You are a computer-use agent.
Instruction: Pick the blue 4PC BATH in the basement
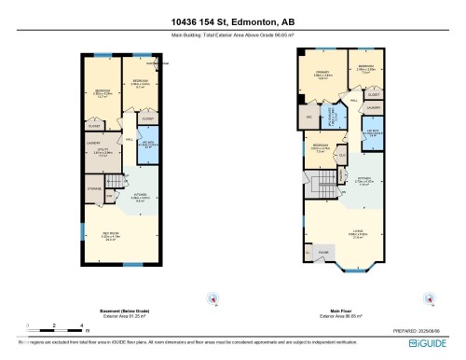pyautogui.click(x=149, y=144)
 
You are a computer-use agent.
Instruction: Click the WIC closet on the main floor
pyautogui.click(x=308, y=118)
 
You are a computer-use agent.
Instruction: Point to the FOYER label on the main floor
pyautogui.click(x=323, y=252)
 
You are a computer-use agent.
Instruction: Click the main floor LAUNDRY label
pyautogui.click(x=373, y=108)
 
